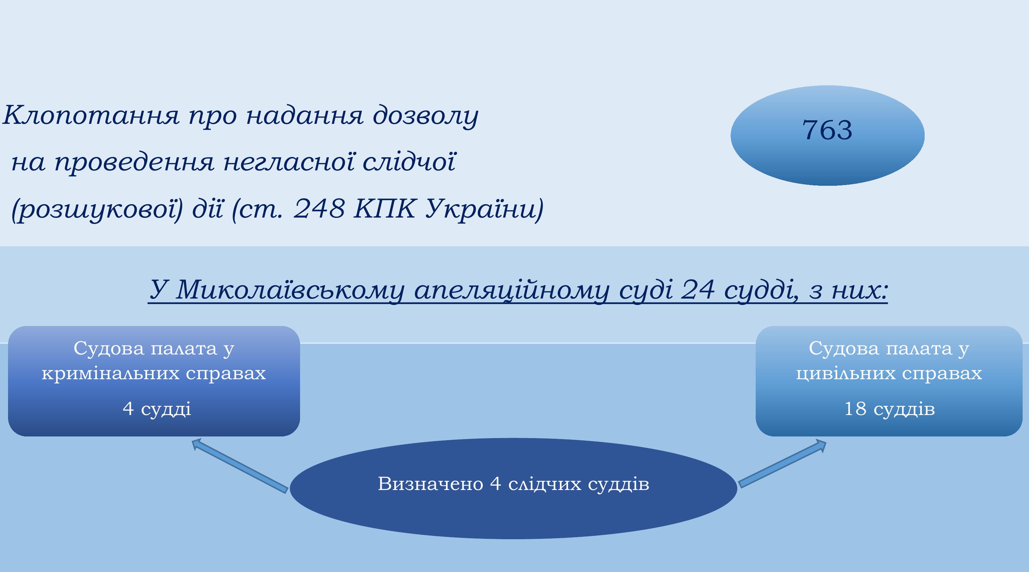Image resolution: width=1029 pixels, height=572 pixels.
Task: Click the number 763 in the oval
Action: point(827,130)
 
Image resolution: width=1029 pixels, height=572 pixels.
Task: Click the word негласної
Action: point(288,162)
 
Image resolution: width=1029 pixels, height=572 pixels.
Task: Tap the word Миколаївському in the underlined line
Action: point(290,290)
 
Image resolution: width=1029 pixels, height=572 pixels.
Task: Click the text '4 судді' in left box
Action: point(157,409)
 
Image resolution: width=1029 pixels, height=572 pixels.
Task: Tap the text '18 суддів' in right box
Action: point(889,409)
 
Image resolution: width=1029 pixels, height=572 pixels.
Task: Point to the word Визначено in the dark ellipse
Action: point(431,484)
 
